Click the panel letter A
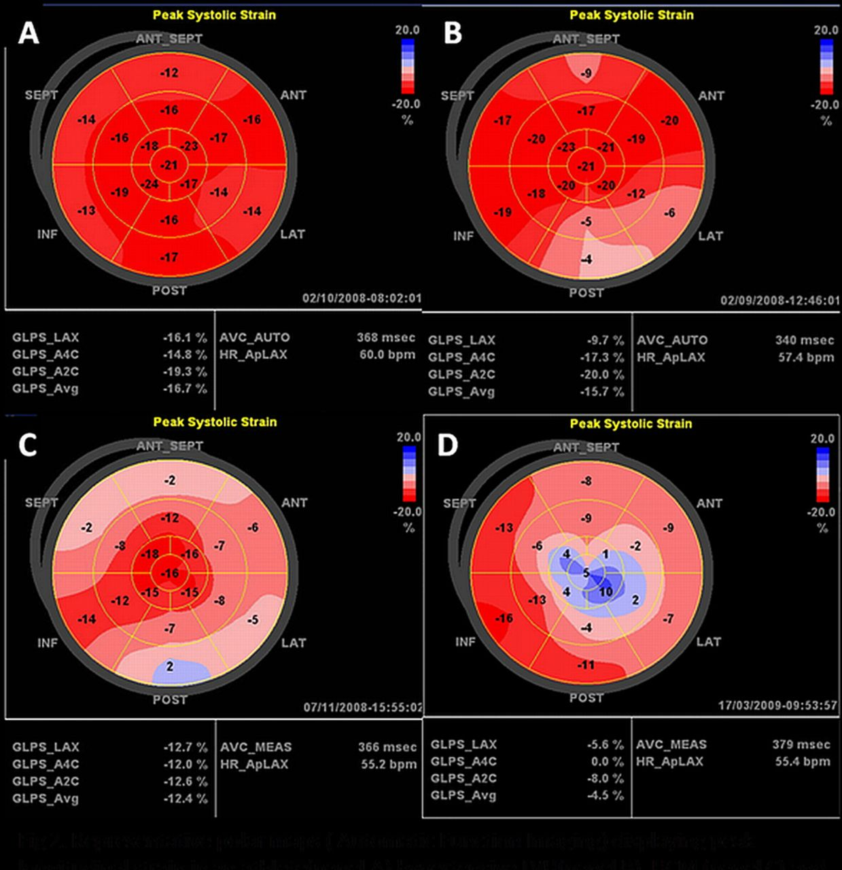(29, 33)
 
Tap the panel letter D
(448, 445)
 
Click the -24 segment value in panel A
(149, 184)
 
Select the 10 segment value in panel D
(606, 591)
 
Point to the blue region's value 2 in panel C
(170, 667)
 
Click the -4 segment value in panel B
(586, 260)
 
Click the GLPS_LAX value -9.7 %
(604, 340)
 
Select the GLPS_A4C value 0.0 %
(608, 761)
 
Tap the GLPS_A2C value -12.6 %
(186, 781)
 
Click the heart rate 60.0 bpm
(387, 354)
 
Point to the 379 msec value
(801, 744)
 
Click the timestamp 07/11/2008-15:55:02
(362, 708)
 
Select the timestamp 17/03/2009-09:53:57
(777, 706)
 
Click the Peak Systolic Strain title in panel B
(631, 14)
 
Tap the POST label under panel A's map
(169, 290)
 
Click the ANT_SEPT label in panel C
(170, 447)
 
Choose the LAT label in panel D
(708, 641)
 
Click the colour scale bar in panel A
(407, 66)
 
